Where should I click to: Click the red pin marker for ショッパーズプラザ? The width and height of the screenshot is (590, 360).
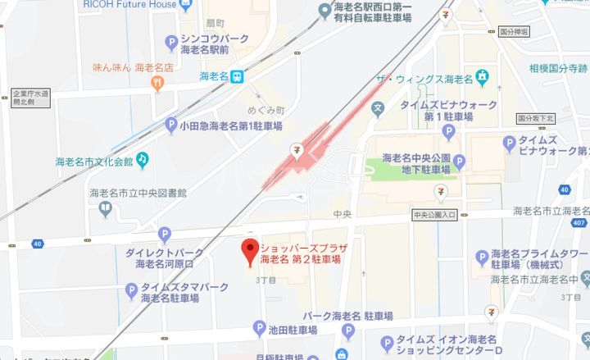click(248, 250)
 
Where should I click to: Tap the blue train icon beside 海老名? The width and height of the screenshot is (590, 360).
click(236, 76)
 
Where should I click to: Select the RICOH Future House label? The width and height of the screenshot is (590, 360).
click(129, 5)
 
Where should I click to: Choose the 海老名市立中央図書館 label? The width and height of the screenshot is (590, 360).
click(138, 194)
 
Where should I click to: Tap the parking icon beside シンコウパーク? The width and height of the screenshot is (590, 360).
click(171, 42)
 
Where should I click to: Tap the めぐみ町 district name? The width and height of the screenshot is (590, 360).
click(265, 110)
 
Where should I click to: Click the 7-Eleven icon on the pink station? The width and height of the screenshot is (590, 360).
click(300, 150)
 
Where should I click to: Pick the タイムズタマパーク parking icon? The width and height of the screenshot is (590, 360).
click(131, 289)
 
